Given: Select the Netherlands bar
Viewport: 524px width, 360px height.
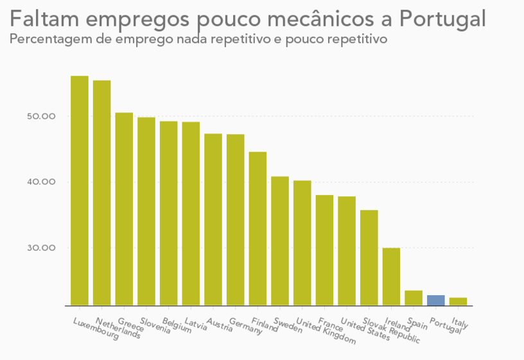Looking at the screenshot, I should [101, 193].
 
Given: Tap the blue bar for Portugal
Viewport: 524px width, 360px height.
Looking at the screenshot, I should [436, 300].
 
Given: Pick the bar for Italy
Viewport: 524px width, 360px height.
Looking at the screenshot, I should [459, 302].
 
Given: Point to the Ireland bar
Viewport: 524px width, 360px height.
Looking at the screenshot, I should [391, 276].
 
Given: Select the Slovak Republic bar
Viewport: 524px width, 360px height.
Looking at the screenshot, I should [369, 257].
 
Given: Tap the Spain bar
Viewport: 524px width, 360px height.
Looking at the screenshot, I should [414, 298].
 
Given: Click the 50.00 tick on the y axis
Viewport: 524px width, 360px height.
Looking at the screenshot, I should [42, 117].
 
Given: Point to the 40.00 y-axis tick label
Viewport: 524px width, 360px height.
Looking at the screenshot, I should [42, 182].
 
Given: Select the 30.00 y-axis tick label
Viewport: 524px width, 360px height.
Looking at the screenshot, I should [42, 248].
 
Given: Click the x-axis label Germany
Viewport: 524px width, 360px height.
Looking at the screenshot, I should [246, 326].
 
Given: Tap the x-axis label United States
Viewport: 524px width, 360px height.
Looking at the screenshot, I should [365, 329].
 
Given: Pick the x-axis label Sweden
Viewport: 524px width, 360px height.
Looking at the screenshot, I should [288, 324].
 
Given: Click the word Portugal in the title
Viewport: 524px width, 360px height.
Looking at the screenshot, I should [442, 19].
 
